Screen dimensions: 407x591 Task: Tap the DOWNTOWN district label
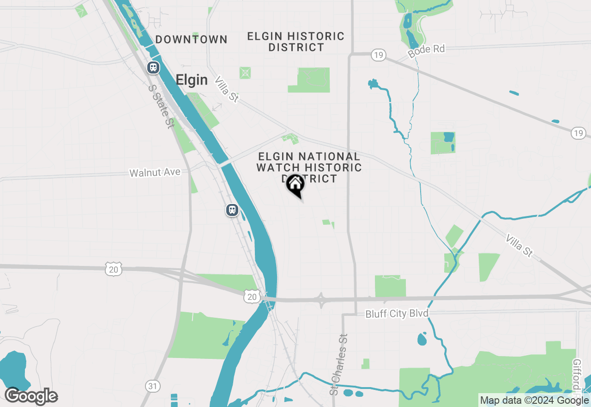pyautogui.click(x=191, y=40)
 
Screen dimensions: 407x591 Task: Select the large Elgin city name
pyautogui.click(x=192, y=80)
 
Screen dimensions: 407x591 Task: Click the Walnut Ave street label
pyautogui.click(x=155, y=173)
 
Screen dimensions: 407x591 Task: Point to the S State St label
pyautogui.click(x=161, y=106)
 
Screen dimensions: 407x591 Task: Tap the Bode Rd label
pyautogui.click(x=426, y=51)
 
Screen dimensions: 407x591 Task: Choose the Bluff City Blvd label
pyautogui.click(x=397, y=314)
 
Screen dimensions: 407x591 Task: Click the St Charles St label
pyautogui.click(x=339, y=364)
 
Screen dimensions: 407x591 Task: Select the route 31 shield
pyautogui.click(x=152, y=385)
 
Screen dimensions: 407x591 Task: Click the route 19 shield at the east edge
pyautogui.click(x=579, y=134)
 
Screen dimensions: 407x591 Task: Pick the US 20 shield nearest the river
pyautogui.click(x=252, y=297)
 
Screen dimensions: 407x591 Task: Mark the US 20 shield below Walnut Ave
pyautogui.click(x=113, y=269)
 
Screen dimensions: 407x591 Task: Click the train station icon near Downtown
pyautogui.click(x=153, y=68)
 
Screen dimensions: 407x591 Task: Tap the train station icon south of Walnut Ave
pyautogui.click(x=232, y=210)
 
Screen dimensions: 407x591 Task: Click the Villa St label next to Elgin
pyautogui.click(x=227, y=89)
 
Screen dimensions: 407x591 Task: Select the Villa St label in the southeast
pyautogui.click(x=519, y=246)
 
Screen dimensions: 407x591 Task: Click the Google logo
pyautogui.click(x=31, y=396)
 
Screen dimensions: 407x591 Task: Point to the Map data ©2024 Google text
pyautogui.click(x=534, y=401)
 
